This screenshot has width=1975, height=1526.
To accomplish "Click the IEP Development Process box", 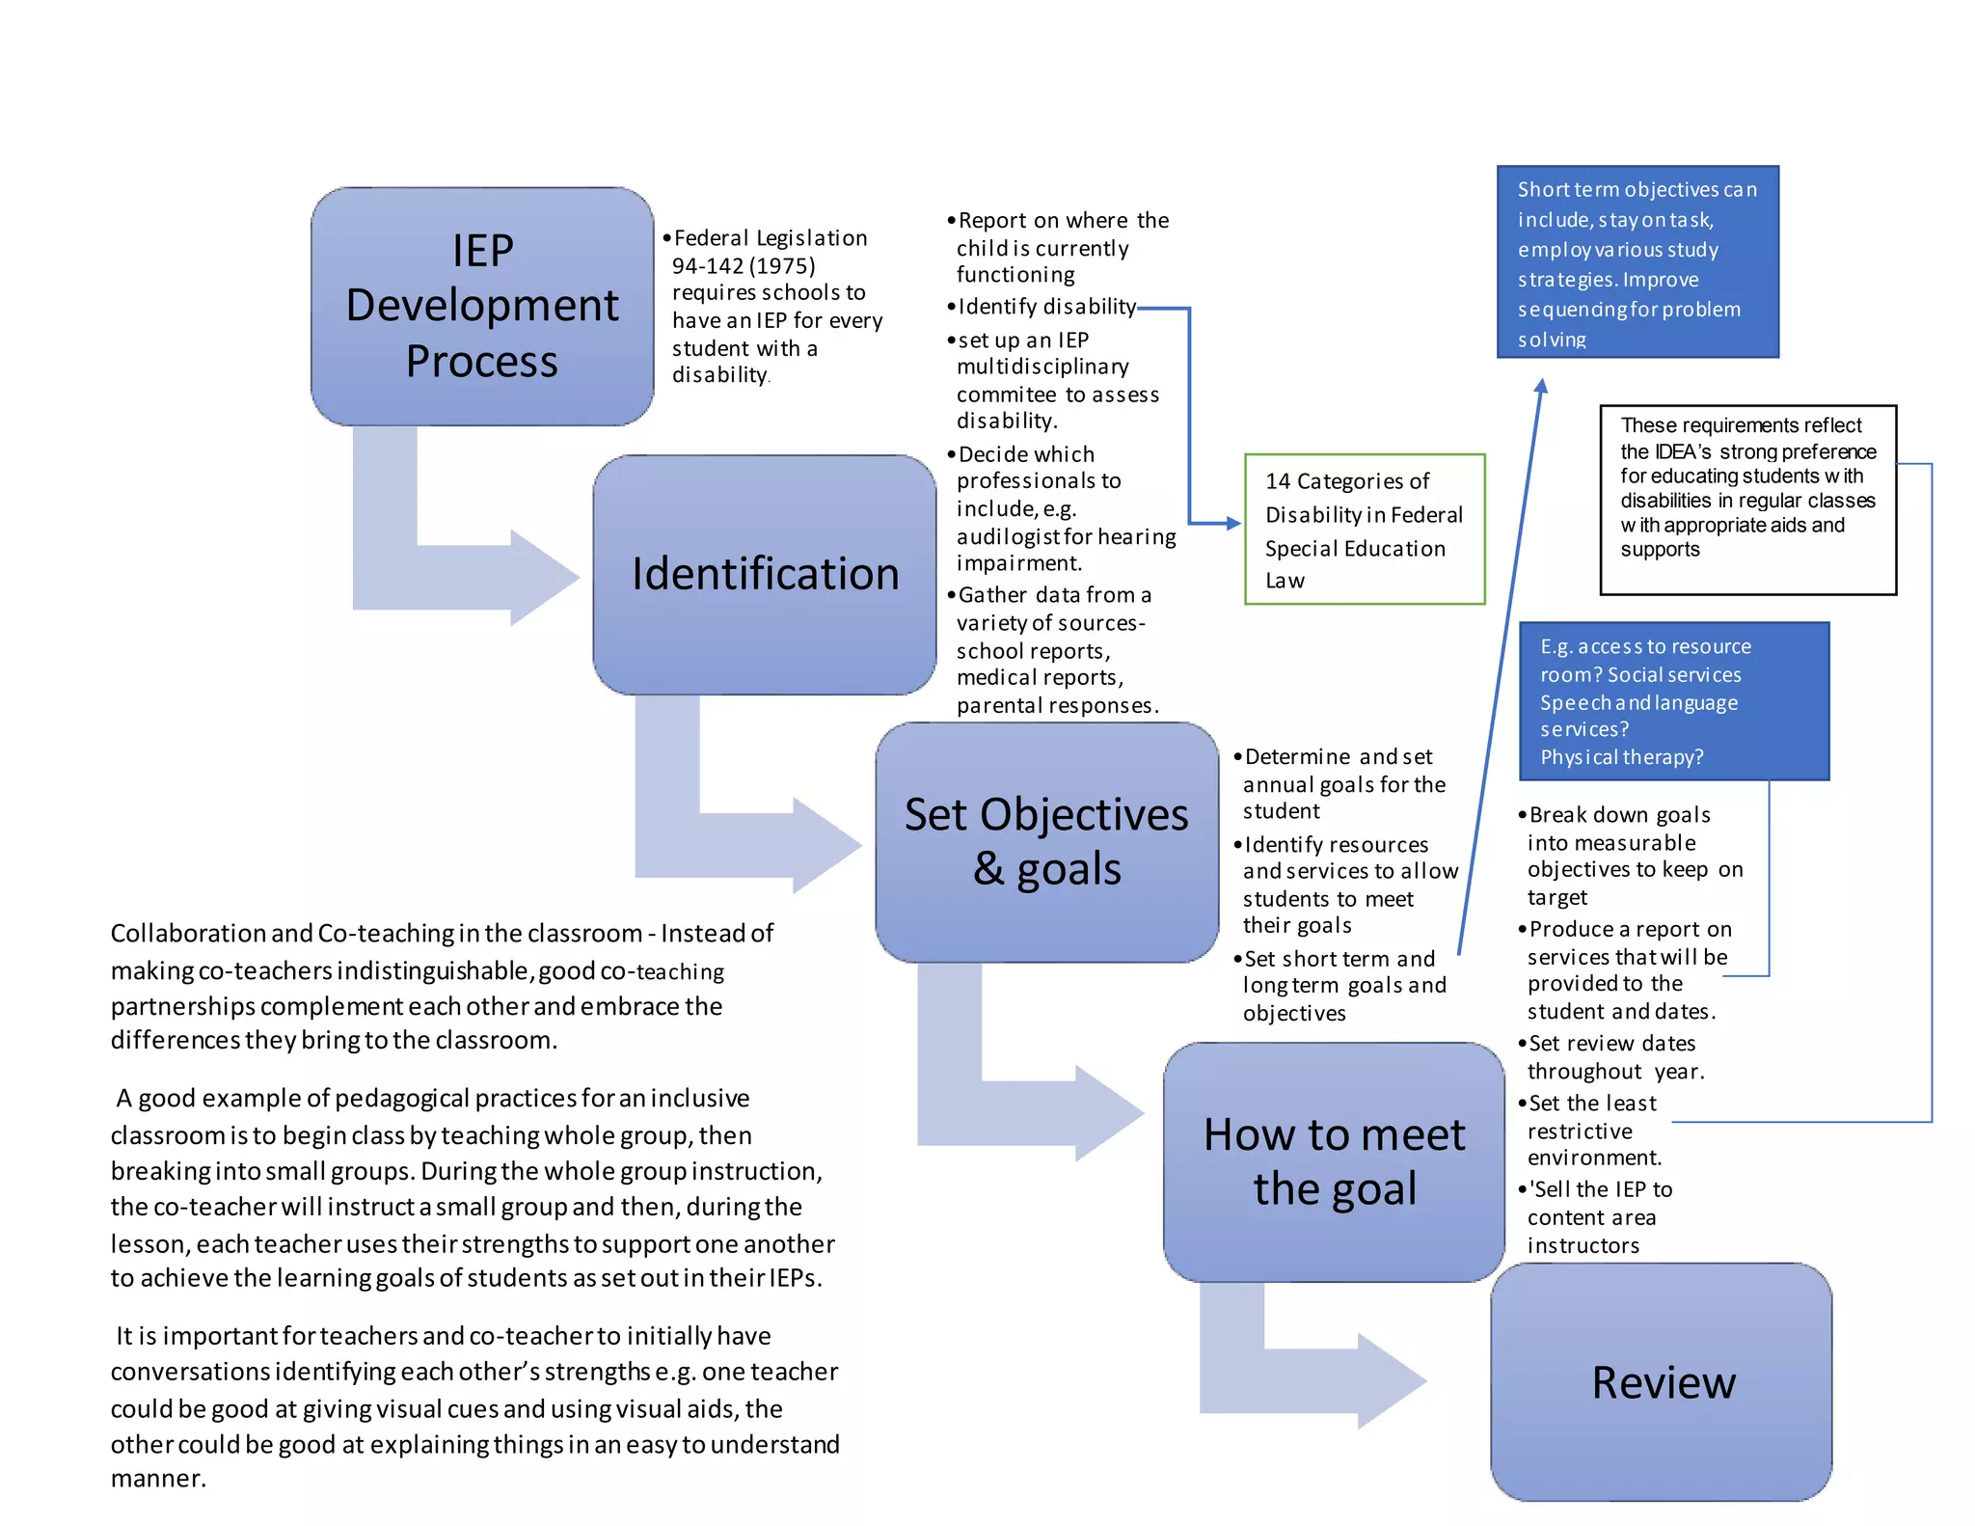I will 482,306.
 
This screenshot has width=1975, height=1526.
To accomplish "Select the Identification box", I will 764,574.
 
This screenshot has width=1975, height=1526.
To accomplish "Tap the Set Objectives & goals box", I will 1046,841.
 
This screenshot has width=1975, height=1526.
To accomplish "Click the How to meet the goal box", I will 1334,1161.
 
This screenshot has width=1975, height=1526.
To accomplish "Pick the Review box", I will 1662,1381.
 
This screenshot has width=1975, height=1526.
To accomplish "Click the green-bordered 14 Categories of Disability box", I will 1364,530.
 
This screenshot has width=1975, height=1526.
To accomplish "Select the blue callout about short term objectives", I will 1637,262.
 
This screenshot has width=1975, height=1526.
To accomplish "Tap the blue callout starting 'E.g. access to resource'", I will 1673,701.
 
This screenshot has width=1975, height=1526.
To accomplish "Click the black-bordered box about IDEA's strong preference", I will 1747,500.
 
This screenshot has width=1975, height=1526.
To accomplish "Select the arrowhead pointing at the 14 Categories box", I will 1232,523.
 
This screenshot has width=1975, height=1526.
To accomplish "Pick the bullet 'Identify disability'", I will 1046,307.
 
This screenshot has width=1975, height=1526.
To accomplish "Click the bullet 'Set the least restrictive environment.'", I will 1592,1130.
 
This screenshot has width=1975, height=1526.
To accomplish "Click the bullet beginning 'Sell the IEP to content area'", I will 1600,1216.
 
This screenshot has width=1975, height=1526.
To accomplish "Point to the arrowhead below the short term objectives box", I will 1541,387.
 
